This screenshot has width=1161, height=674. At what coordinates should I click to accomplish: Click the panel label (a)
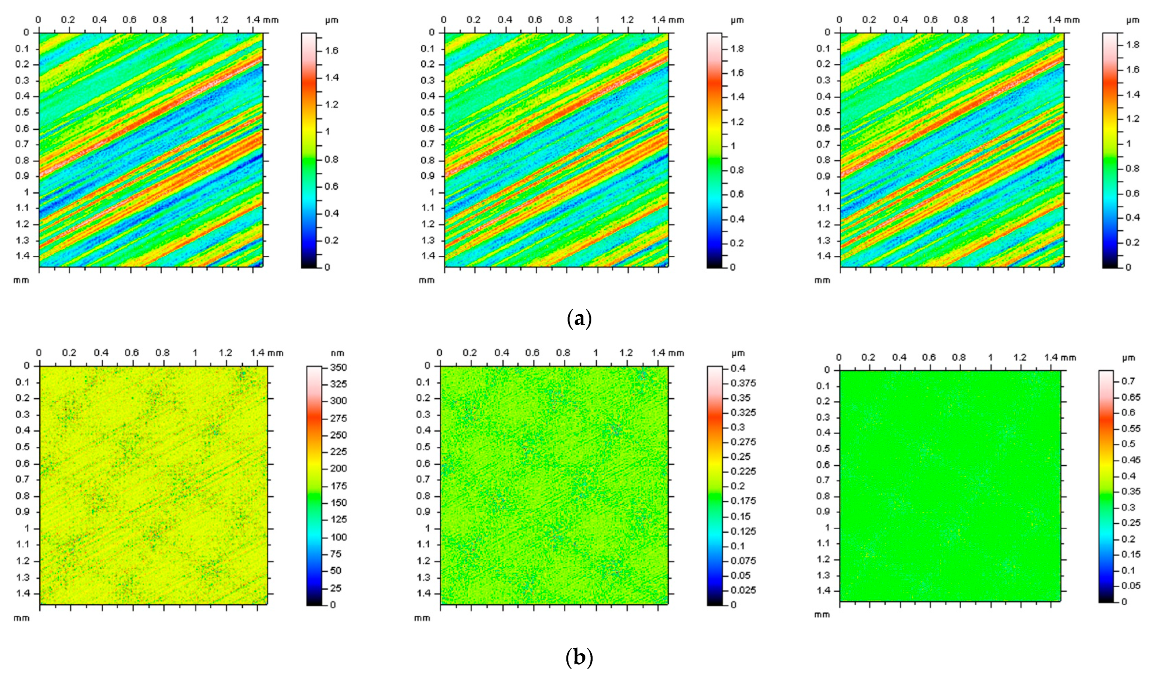coord(578,319)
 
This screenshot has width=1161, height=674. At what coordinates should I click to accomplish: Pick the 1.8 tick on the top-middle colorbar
coord(737,49)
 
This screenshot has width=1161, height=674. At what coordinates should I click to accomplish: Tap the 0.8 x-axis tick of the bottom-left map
coord(163,353)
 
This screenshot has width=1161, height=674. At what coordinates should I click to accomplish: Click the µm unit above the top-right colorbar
coord(1133,20)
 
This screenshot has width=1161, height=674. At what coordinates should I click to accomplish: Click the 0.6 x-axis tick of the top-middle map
coord(535,20)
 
